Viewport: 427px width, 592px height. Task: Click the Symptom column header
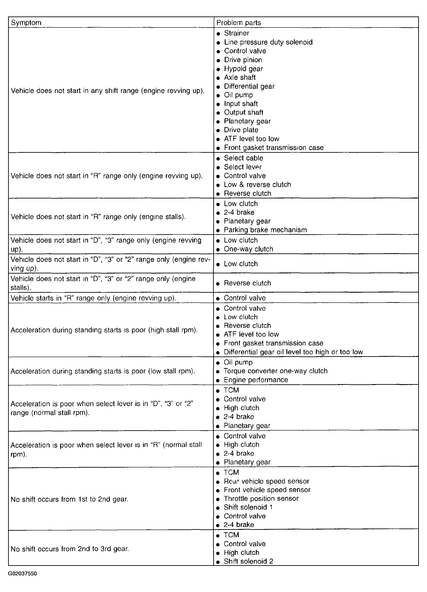click(x=26, y=23)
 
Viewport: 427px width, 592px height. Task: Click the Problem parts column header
click(x=239, y=23)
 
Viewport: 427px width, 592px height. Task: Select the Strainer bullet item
click(x=236, y=33)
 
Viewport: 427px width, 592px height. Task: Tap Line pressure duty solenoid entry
click(x=268, y=42)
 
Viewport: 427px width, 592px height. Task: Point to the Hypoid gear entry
click(x=243, y=69)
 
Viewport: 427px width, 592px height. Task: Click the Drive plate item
click(x=241, y=130)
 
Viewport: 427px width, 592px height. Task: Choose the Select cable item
click(x=243, y=158)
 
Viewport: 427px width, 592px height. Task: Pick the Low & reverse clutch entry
click(x=257, y=185)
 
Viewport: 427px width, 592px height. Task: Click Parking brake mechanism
click(x=265, y=230)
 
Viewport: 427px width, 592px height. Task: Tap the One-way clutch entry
click(x=248, y=249)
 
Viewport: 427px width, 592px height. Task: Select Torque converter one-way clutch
click(x=275, y=371)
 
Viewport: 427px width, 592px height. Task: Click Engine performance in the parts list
click(x=256, y=380)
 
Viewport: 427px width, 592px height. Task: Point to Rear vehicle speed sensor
click(x=266, y=481)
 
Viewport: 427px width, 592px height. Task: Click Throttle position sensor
click(x=261, y=499)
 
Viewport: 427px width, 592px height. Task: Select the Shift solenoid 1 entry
click(x=248, y=507)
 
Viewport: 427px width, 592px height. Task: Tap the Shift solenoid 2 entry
click(x=248, y=561)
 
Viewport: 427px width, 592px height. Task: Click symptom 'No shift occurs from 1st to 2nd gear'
click(x=69, y=499)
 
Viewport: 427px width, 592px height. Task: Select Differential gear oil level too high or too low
click(x=293, y=352)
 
